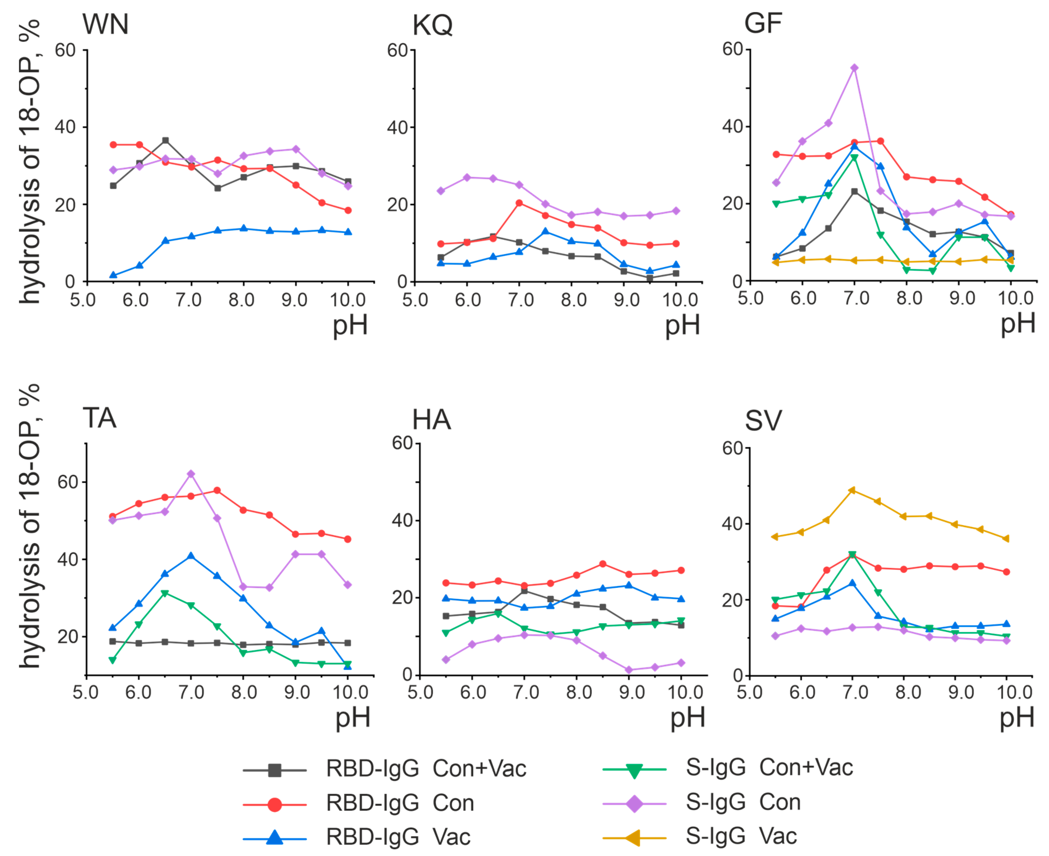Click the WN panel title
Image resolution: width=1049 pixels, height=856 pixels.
(x=105, y=24)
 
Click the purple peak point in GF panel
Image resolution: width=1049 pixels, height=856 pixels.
(x=855, y=68)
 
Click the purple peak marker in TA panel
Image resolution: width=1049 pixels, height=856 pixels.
(x=191, y=474)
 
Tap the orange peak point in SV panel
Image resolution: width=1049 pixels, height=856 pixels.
(x=852, y=490)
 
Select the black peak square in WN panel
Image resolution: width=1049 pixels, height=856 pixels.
(x=166, y=141)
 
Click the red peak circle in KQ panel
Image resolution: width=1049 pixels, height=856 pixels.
(x=519, y=203)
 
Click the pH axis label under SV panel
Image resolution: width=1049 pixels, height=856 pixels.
(x=1016, y=718)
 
